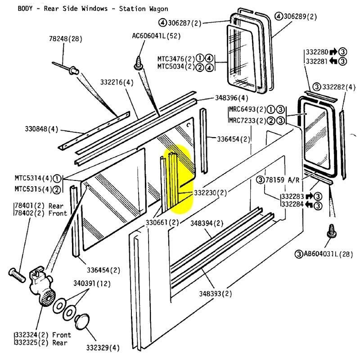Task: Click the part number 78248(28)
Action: click(65, 39)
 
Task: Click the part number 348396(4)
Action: click(231, 98)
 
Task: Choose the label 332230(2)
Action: click(211, 193)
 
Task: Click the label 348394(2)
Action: click(207, 223)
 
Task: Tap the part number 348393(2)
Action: click(216, 294)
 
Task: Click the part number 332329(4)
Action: click(103, 347)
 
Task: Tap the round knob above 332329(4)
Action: click(82, 322)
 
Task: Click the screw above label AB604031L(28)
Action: click(334, 231)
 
